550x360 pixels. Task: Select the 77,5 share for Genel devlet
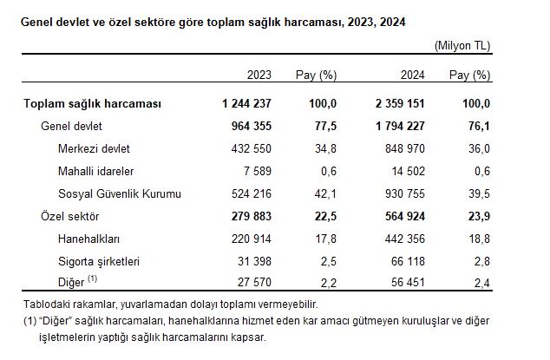click(324, 127)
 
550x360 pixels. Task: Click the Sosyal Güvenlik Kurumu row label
click(120, 193)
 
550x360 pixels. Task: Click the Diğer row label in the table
click(72, 282)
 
